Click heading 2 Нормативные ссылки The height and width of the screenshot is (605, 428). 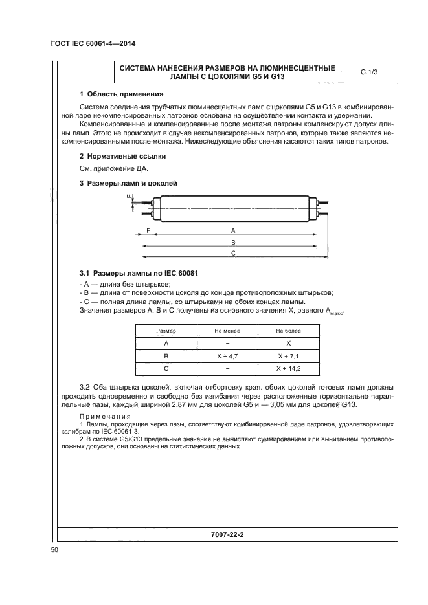[114, 156]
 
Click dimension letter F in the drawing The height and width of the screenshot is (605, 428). [148, 230]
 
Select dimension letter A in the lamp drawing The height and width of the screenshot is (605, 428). [233, 230]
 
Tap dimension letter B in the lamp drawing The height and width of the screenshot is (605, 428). [233, 241]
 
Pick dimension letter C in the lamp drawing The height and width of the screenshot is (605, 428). [233, 254]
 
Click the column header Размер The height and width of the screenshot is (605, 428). [166, 331]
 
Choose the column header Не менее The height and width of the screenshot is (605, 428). [227, 331]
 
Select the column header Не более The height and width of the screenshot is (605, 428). [288, 331]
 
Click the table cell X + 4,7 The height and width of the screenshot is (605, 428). [227, 356]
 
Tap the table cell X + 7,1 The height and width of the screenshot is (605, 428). [288, 356]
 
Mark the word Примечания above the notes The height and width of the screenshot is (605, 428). [105, 416]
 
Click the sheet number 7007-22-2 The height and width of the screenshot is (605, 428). [231, 535]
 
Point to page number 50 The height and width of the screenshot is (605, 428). [54, 550]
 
